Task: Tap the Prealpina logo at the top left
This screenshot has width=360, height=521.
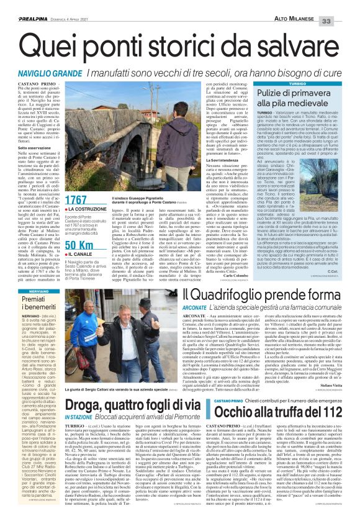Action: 23,4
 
